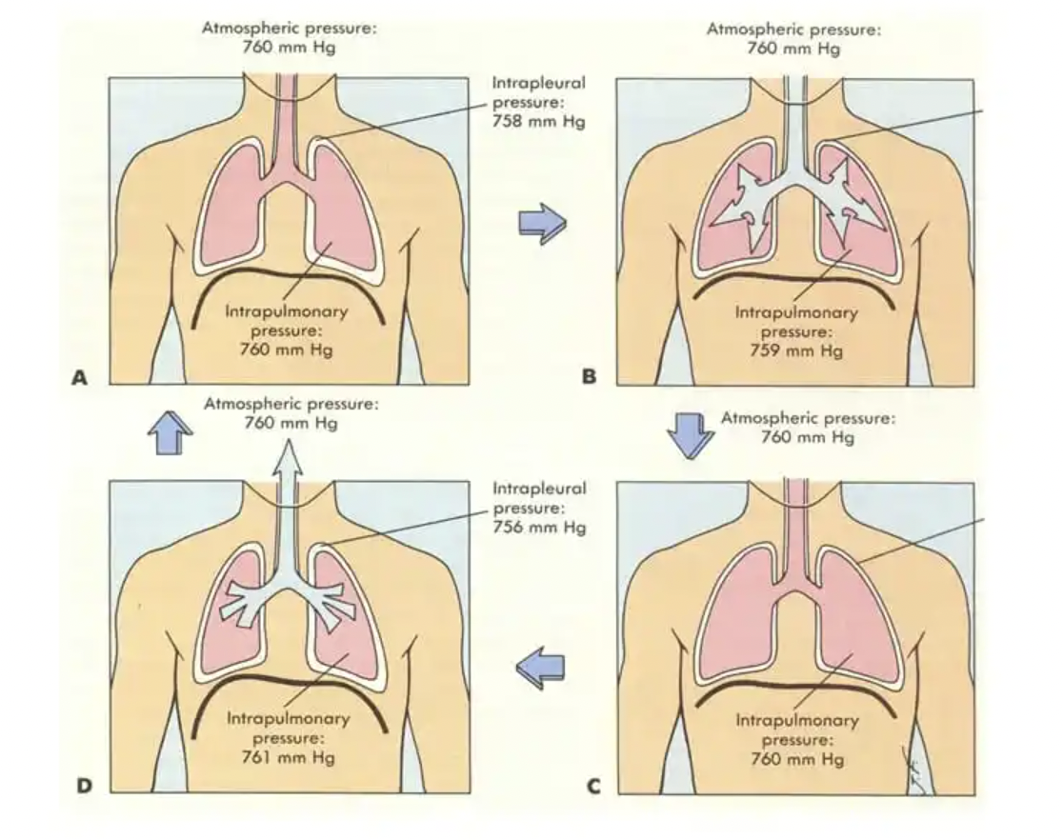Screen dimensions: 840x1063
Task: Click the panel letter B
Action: point(590,378)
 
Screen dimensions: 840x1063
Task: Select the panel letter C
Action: point(592,786)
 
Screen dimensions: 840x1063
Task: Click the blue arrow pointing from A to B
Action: point(542,224)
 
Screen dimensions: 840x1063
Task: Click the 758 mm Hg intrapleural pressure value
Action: point(538,122)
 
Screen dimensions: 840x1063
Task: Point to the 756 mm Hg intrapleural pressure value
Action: point(538,528)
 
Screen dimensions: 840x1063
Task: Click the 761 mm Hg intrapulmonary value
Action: point(287,757)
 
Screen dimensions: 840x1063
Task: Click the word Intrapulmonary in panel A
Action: point(287,311)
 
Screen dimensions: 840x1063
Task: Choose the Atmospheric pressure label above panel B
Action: point(793,30)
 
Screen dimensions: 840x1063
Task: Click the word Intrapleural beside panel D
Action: point(538,488)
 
